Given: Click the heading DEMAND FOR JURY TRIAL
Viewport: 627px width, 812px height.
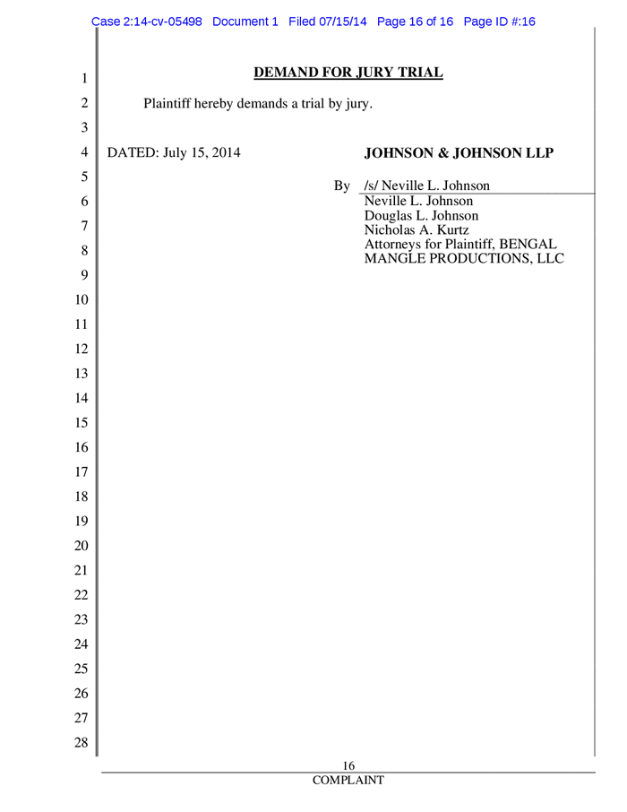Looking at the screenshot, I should (x=348, y=72).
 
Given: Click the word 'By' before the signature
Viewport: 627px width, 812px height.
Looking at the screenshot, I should (x=341, y=187).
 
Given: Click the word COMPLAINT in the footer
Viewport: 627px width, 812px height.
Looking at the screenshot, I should (x=348, y=781).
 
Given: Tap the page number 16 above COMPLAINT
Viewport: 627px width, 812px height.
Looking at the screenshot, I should (x=350, y=764).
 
